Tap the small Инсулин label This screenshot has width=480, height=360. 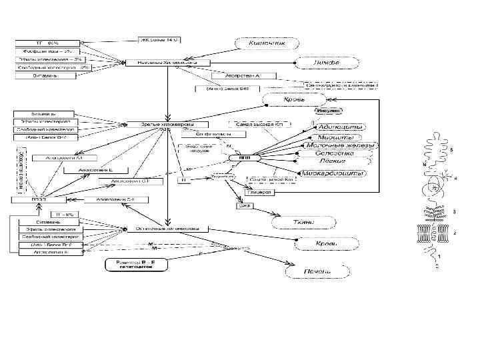tap(327, 111)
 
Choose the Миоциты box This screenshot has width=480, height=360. tap(337, 135)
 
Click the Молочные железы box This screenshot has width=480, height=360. tap(339, 145)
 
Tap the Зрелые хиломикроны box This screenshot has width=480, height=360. tap(166, 125)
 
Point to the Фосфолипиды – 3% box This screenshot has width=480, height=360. tap(55, 51)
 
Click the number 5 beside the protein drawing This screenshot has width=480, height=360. tap(451, 151)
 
